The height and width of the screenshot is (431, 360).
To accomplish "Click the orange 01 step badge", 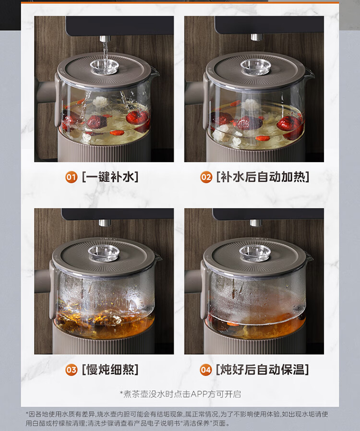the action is [x=71, y=177].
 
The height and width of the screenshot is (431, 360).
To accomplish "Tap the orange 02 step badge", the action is [x=206, y=177].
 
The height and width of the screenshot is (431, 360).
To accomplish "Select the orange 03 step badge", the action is [x=71, y=370].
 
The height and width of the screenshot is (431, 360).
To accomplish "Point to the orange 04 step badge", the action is [x=206, y=370].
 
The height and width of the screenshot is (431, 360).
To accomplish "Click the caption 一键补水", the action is [x=110, y=177].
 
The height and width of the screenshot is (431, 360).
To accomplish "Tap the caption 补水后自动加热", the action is [x=263, y=177].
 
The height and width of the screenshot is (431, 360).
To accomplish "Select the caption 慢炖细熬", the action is [x=110, y=370].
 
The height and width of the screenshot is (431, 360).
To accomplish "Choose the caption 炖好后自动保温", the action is [x=263, y=370].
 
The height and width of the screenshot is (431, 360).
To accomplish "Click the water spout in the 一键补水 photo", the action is [x=105, y=38].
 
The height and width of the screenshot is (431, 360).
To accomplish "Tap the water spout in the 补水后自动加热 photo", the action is [x=256, y=37].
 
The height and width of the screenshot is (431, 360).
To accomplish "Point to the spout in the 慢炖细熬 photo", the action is [x=105, y=223].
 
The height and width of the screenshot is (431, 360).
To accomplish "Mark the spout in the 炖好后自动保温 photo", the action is [x=255, y=223].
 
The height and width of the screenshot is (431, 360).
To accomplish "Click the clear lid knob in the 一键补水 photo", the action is [x=105, y=67].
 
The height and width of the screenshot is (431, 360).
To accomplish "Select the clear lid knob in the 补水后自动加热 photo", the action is [x=255, y=67].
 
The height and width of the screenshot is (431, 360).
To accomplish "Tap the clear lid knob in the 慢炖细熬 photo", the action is [x=104, y=253].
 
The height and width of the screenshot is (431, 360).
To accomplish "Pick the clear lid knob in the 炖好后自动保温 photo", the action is [x=255, y=253].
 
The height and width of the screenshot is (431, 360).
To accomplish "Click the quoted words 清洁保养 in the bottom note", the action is [x=197, y=423].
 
